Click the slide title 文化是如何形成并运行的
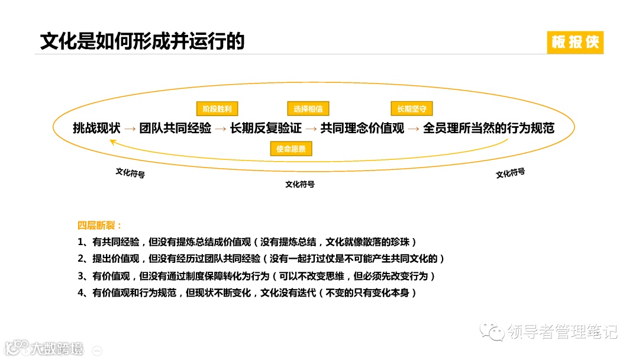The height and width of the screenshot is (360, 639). (x=142, y=41)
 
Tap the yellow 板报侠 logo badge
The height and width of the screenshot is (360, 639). (x=575, y=42)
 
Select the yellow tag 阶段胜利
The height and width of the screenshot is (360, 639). (x=217, y=109)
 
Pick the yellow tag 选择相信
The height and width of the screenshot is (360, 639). (x=308, y=109)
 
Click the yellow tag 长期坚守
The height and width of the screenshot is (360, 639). (x=412, y=109)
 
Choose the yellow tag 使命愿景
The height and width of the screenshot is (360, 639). (x=291, y=149)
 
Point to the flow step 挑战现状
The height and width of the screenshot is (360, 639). (x=96, y=128)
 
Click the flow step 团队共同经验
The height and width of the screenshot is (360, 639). (x=175, y=128)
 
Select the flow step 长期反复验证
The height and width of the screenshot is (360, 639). (x=266, y=128)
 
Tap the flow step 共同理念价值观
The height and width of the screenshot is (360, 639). (x=362, y=128)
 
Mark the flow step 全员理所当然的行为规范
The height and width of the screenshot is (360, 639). (x=489, y=128)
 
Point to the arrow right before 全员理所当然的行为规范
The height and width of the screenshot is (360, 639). (x=413, y=128)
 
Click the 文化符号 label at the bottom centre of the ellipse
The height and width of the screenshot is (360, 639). (x=300, y=184)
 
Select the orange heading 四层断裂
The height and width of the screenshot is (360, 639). (x=99, y=226)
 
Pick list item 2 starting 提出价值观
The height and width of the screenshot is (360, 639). (x=260, y=259)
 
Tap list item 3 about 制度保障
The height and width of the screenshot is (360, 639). (x=256, y=276)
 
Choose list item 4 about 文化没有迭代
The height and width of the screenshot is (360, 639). (x=247, y=292)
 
